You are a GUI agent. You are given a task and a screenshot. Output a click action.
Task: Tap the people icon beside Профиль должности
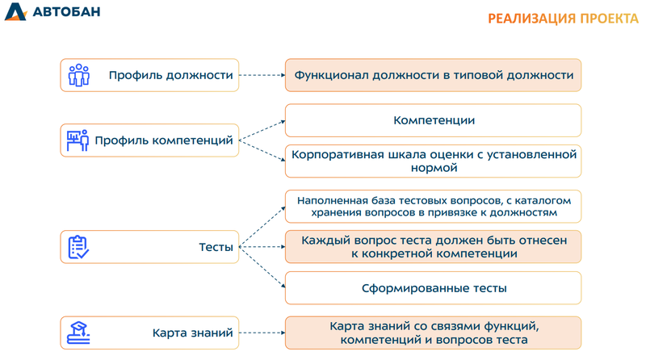[x=78, y=75]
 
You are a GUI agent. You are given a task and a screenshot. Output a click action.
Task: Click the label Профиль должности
[x=171, y=75]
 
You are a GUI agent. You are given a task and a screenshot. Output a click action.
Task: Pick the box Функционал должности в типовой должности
[x=433, y=75]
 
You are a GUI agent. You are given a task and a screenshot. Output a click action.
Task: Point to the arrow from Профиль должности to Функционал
[x=262, y=75]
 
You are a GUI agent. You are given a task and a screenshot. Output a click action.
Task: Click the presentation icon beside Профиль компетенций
[x=78, y=140]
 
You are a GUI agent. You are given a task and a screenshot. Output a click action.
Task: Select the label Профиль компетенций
[x=163, y=140]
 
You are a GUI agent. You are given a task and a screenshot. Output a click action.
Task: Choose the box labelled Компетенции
[x=433, y=120]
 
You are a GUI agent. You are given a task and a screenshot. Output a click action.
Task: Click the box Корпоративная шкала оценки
[x=433, y=161]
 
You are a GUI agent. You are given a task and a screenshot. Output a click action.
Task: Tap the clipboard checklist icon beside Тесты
[x=78, y=247]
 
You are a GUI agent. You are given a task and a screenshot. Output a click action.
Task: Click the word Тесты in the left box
[x=216, y=247]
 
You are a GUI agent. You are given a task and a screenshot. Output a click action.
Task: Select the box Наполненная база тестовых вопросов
[x=433, y=207]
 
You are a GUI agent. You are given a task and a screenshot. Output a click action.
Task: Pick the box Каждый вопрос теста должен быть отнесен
[x=433, y=247]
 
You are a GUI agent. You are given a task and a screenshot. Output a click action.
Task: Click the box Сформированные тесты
[x=433, y=288]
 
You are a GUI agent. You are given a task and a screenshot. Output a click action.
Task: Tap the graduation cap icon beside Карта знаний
[x=78, y=332]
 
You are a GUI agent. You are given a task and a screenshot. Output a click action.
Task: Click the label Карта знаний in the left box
[x=192, y=332]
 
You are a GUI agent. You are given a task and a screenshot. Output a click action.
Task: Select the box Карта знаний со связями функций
[x=433, y=333]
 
